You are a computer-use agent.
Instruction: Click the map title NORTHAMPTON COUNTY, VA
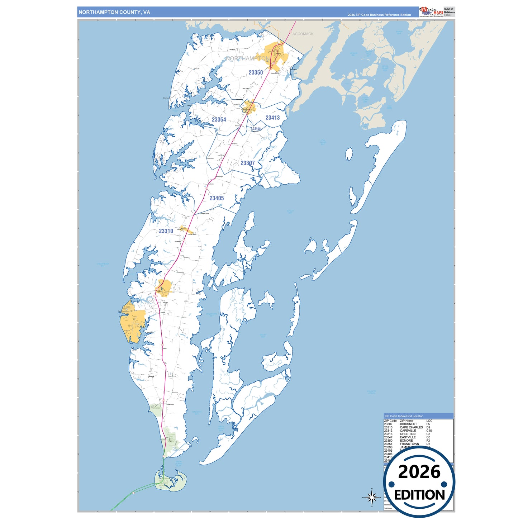(x=114, y=12)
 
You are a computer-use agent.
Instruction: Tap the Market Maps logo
(x=431, y=11)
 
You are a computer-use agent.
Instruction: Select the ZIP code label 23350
(x=256, y=72)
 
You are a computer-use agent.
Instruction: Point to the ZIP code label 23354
(x=219, y=120)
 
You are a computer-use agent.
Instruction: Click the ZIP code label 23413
(x=272, y=118)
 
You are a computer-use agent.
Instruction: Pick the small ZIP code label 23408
(x=257, y=129)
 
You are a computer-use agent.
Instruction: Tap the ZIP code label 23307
(x=247, y=163)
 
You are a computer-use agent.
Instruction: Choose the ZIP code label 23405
(x=217, y=198)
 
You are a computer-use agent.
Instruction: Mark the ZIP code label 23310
(x=166, y=231)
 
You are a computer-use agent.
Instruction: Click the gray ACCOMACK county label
(x=303, y=34)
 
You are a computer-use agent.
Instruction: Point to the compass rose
(x=372, y=497)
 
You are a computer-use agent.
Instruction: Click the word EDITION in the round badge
(x=419, y=495)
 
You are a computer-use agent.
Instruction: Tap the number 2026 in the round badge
(x=419, y=472)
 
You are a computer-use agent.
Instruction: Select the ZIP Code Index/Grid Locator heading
(x=403, y=416)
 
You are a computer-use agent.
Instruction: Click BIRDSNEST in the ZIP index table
(x=408, y=424)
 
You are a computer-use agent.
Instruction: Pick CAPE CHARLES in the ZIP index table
(x=411, y=427)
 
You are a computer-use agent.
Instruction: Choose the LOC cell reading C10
(x=429, y=431)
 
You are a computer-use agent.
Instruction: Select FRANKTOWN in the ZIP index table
(x=409, y=444)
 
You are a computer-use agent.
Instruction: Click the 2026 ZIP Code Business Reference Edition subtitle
(x=379, y=15)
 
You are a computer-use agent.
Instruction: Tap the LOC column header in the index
(x=429, y=421)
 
